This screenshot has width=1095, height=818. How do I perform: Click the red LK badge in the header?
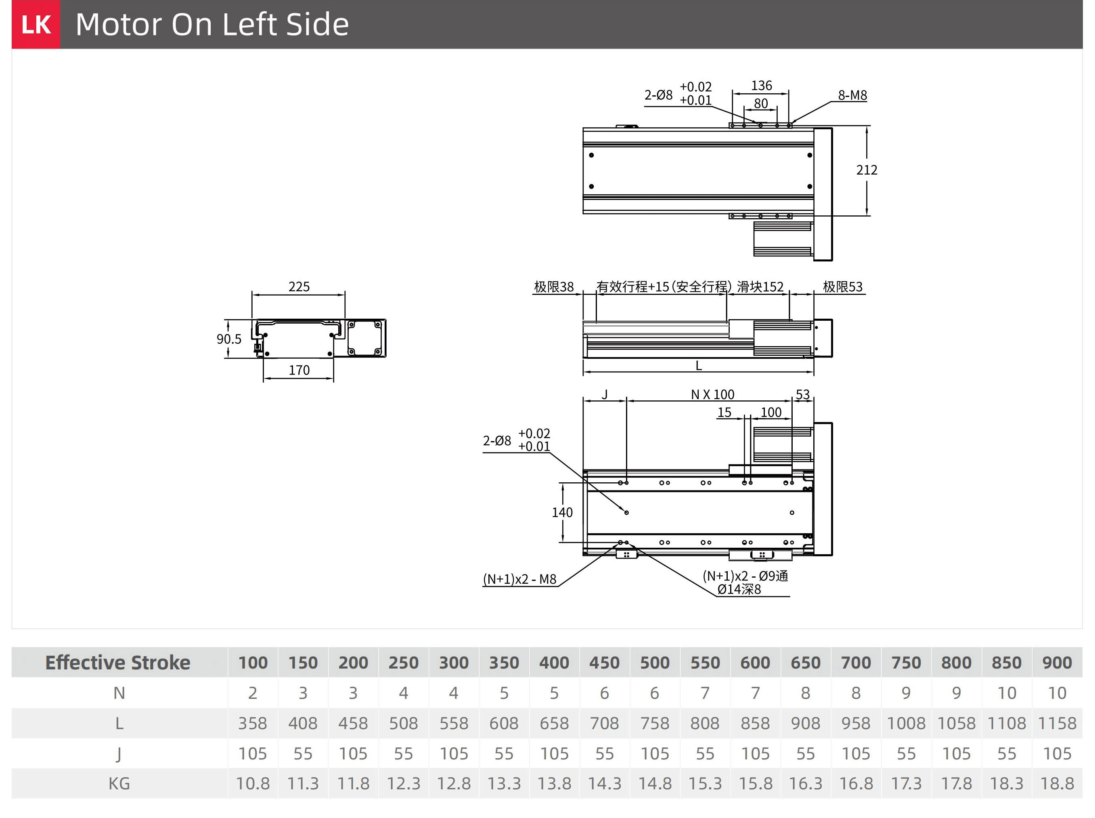(36, 24)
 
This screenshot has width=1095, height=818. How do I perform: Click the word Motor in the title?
(119, 24)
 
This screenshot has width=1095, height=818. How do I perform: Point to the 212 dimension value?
(867, 170)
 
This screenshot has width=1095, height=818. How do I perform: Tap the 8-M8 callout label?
(852, 95)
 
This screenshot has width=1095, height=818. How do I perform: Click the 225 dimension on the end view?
(299, 286)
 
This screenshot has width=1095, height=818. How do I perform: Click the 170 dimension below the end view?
(299, 370)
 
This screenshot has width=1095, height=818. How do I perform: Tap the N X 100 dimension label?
(712, 394)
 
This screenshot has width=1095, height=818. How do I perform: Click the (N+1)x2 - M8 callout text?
(519, 579)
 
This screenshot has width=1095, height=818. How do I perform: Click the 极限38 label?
(554, 287)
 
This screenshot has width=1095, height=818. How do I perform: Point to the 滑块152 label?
(760, 287)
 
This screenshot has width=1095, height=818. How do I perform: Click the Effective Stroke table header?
(118, 662)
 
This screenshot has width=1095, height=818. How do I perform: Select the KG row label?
(119, 783)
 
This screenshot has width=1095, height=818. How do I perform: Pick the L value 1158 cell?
(1057, 723)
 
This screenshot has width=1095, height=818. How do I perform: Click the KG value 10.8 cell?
(253, 783)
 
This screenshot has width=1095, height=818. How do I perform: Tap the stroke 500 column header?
(655, 662)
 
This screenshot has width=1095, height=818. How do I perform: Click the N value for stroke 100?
(253, 693)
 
